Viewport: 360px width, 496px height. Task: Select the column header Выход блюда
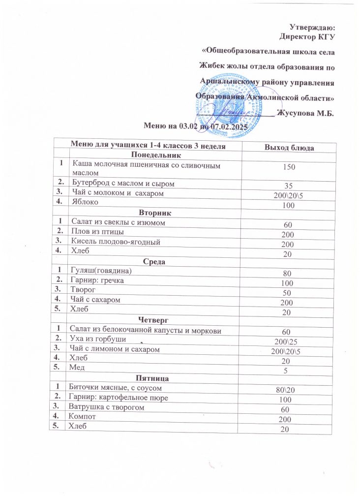pos(290,147)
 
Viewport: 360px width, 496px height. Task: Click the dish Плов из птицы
pos(96,231)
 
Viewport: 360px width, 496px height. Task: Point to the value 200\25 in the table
pos(283,341)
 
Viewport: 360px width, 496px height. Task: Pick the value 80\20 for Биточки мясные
pos(283,390)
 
